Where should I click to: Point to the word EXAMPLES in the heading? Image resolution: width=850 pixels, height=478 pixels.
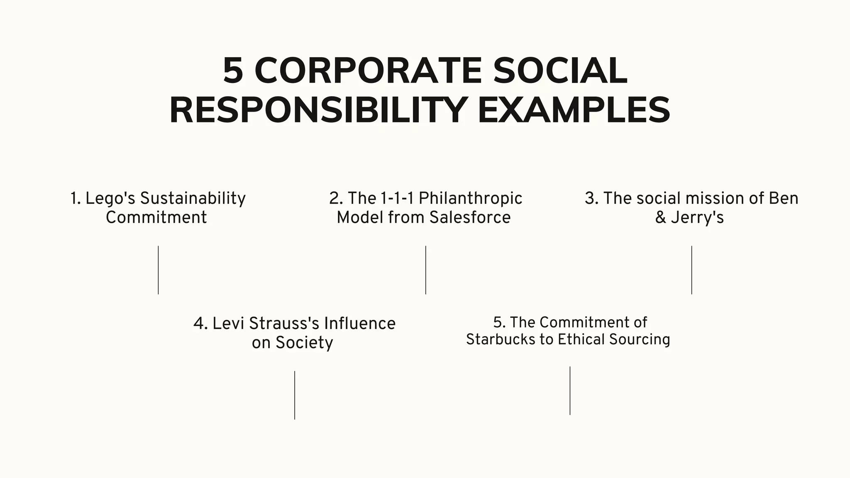coord(574,110)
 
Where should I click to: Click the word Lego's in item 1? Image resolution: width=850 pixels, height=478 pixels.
coord(110,199)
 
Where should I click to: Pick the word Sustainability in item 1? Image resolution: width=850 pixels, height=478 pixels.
coord(193,199)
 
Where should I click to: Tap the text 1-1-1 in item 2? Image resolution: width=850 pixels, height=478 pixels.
coord(397,198)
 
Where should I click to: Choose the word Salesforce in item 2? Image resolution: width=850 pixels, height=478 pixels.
coord(470,217)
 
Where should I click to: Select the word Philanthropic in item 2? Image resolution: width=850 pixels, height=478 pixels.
coord(470,199)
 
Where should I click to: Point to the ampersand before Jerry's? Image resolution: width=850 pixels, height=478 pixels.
coord(660,217)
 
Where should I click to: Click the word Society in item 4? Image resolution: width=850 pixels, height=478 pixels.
coord(304,343)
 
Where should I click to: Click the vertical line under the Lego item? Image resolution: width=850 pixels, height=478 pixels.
coord(158,270)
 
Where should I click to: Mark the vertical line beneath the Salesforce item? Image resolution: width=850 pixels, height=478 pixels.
coord(425,270)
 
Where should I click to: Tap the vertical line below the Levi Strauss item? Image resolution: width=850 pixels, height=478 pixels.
coord(295,395)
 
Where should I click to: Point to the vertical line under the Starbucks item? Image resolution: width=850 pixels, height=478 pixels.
coord(570,390)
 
